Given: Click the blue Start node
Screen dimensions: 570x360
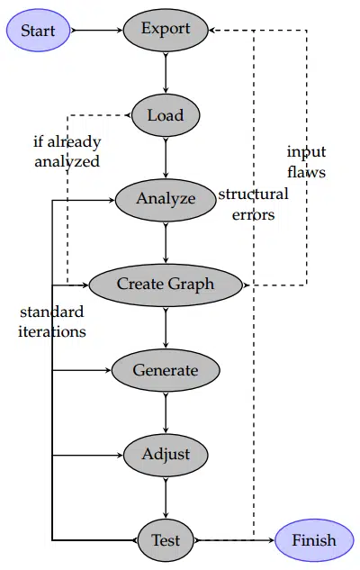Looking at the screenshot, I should coord(38,31).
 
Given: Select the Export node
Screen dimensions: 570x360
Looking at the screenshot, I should coord(166,29).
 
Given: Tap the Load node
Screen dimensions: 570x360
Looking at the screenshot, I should coord(166,115).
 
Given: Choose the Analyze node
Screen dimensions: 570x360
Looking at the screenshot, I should coord(166,199).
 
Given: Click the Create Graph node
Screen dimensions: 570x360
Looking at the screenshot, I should coord(166,285).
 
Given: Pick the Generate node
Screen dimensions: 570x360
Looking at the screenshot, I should coord(166,370).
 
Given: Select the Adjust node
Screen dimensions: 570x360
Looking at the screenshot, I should coord(166,454).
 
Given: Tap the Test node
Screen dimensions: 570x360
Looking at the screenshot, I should coord(166,540).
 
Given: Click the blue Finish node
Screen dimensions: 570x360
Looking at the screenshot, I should coord(313,540).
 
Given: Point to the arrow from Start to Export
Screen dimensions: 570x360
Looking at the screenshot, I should coord(96,30).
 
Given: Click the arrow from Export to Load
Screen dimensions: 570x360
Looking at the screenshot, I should coord(166,72).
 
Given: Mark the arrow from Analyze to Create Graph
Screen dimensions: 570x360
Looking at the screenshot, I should coord(166,241).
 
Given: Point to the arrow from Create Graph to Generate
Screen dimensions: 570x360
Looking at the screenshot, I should coord(166,327).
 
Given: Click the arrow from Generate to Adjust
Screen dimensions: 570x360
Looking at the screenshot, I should coord(166,412).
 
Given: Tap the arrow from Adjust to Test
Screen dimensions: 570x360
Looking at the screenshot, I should coord(166,497).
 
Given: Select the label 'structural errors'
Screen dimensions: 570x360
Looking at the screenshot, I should coord(253,204).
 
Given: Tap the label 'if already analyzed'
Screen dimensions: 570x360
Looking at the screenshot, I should coord(67,151).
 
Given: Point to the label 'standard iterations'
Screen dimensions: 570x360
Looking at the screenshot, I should coord(52,321).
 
